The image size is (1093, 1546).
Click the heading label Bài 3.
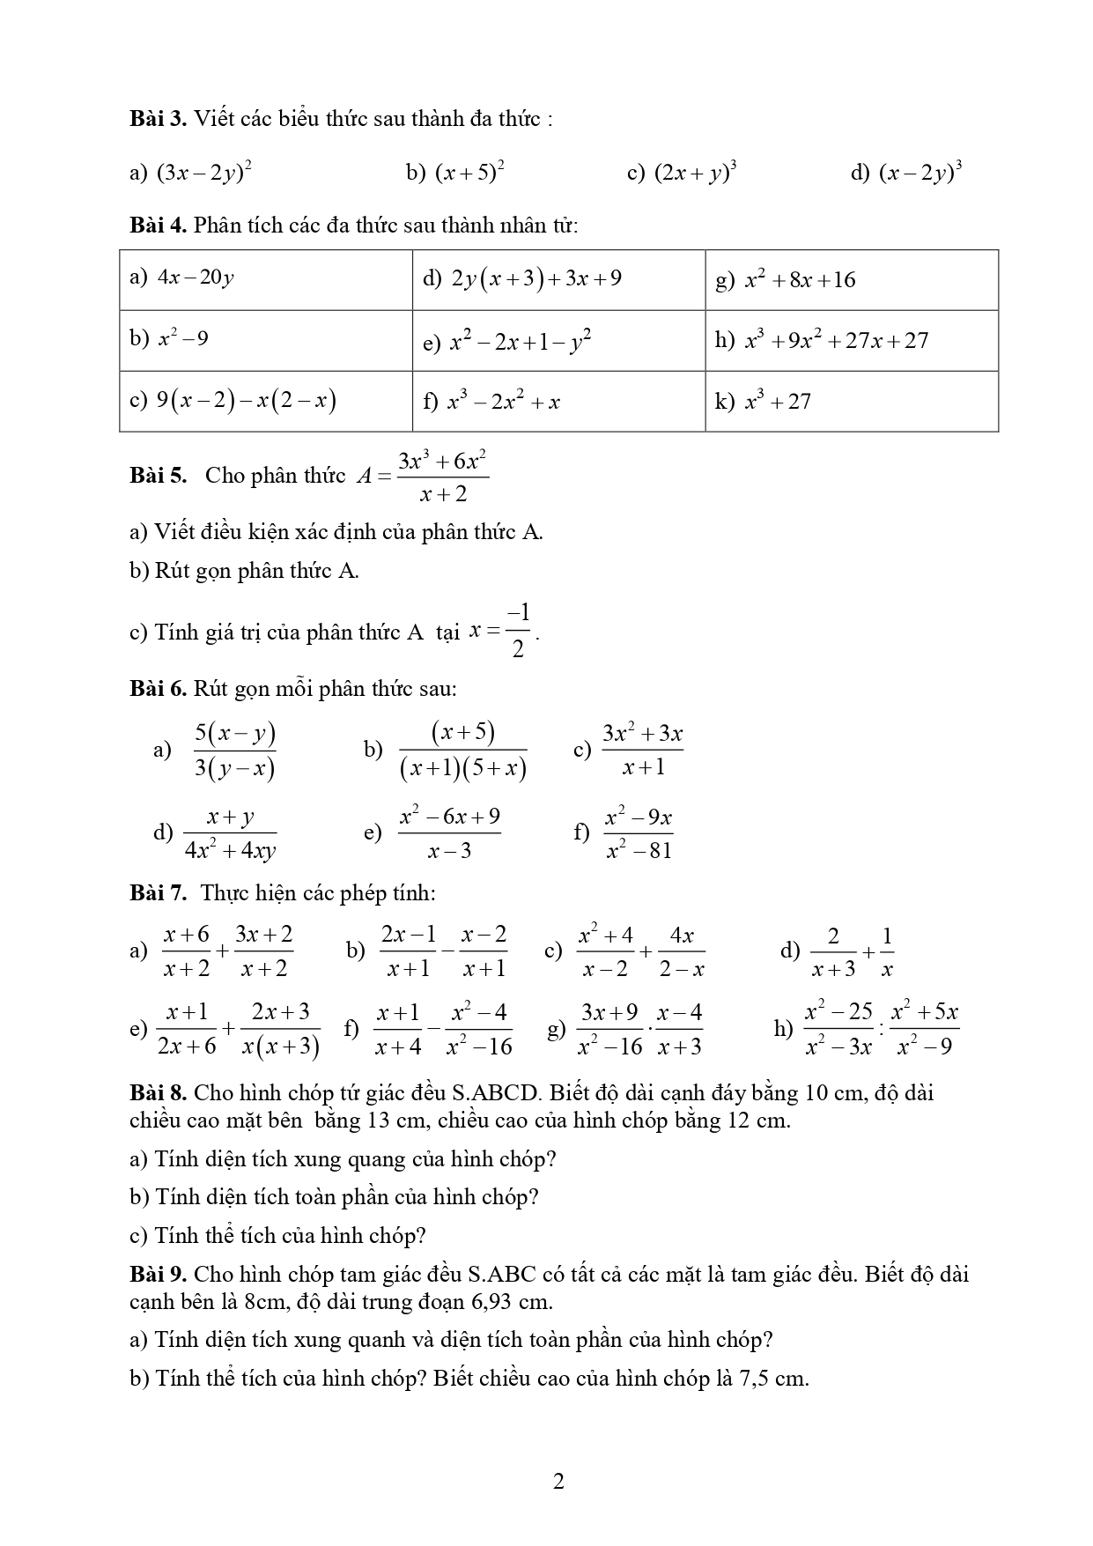point(158,119)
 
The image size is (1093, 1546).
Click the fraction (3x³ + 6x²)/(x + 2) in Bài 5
point(443,477)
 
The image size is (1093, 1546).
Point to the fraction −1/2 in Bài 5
point(518,632)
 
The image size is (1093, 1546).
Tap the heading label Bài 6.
point(158,688)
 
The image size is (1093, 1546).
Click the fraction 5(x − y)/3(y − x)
point(235,751)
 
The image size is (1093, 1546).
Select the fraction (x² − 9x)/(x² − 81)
point(639,833)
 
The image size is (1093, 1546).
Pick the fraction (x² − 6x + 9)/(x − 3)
point(449,833)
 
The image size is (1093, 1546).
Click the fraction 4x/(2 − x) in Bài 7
point(682,951)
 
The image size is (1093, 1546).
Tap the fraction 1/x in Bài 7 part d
point(887,951)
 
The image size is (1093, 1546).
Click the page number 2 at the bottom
point(558,1482)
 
